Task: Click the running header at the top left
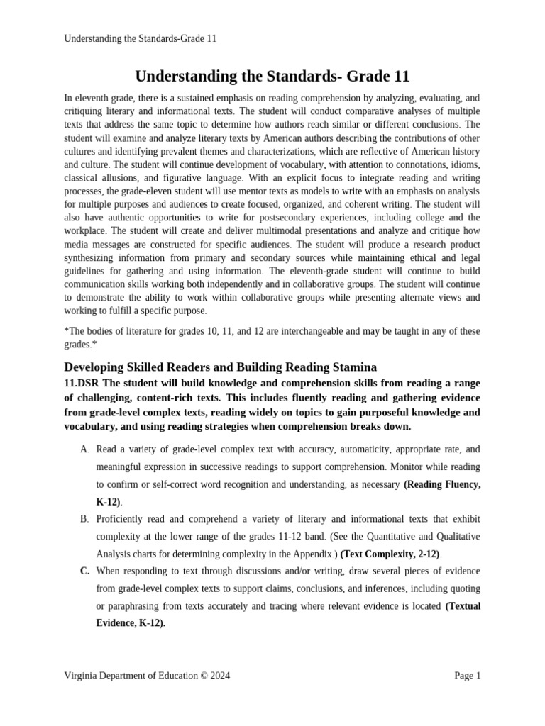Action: (x=140, y=39)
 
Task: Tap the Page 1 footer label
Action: (x=467, y=676)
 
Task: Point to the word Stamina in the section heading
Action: (x=351, y=367)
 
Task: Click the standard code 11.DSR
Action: (x=83, y=383)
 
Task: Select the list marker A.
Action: (x=84, y=449)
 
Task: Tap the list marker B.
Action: (x=84, y=519)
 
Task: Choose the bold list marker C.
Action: (x=84, y=571)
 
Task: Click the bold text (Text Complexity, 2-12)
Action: (x=390, y=554)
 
